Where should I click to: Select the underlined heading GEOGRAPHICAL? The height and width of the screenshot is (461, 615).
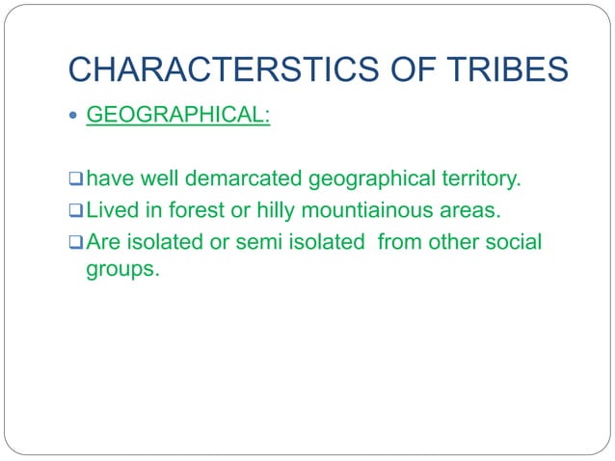click(178, 117)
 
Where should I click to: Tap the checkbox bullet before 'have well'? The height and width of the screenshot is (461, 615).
click(76, 178)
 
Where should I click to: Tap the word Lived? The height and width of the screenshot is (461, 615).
click(114, 209)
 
